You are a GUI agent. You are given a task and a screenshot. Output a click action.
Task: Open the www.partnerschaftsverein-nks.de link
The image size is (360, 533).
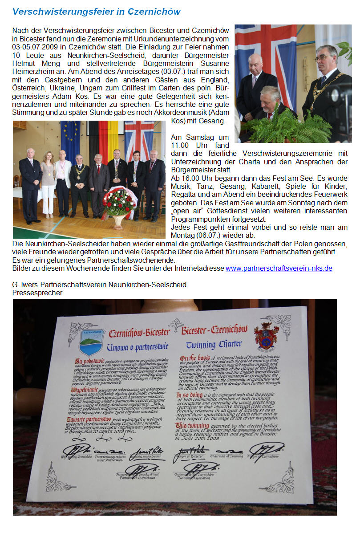pos(279,269)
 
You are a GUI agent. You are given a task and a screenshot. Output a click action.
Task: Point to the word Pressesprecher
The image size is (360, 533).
pos(37,293)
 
